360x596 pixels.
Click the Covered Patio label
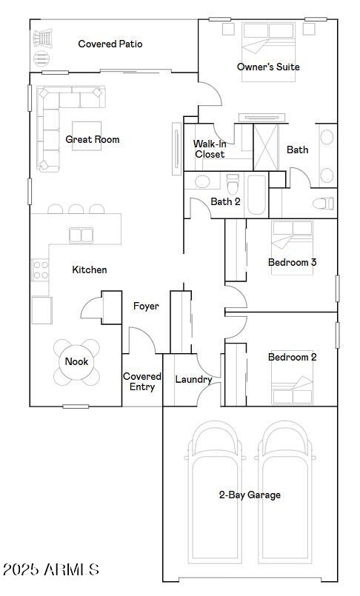point(110,44)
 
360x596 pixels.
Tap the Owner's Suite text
point(268,67)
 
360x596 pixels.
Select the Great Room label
point(93,139)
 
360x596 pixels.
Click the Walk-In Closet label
point(210,149)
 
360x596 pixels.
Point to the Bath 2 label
point(225,201)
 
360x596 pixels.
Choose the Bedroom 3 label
point(292,262)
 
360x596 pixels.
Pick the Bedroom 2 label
point(292,357)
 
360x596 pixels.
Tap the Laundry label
point(193,380)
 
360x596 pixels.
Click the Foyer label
point(146,306)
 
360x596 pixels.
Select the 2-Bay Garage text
point(250,495)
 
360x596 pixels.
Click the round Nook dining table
point(76,362)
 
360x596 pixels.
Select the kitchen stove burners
point(40,270)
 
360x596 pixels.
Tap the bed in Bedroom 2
point(292,386)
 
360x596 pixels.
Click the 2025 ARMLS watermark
point(50,569)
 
